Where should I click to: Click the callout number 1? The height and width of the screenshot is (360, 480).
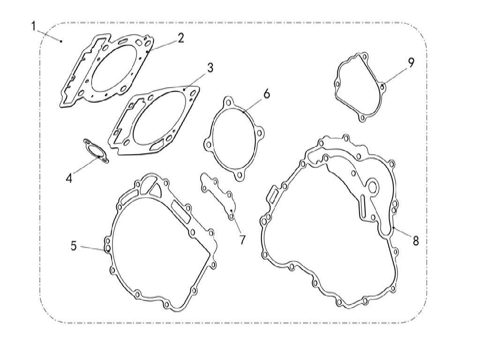click(34, 26)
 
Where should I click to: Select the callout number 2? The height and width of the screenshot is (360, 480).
click(180, 38)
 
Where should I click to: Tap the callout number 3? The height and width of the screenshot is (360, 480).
click(210, 67)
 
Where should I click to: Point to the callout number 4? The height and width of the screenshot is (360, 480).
click(69, 178)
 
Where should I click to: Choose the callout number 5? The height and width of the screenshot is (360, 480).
click(74, 246)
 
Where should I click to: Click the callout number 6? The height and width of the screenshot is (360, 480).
click(267, 94)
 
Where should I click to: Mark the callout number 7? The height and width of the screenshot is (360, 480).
click(243, 240)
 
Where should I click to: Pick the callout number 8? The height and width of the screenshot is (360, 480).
click(415, 240)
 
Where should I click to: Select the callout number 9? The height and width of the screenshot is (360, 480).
click(411, 62)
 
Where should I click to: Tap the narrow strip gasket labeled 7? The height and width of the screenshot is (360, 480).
click(218, 196)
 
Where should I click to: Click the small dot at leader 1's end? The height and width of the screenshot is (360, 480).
click(61, 41)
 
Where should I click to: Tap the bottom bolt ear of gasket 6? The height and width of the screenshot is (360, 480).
click(240, 175)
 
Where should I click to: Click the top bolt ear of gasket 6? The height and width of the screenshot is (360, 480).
click(228, 102)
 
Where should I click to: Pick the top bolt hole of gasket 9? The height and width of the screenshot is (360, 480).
click(365, 57)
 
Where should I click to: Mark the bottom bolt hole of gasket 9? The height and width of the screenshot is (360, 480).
click(362, 118)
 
